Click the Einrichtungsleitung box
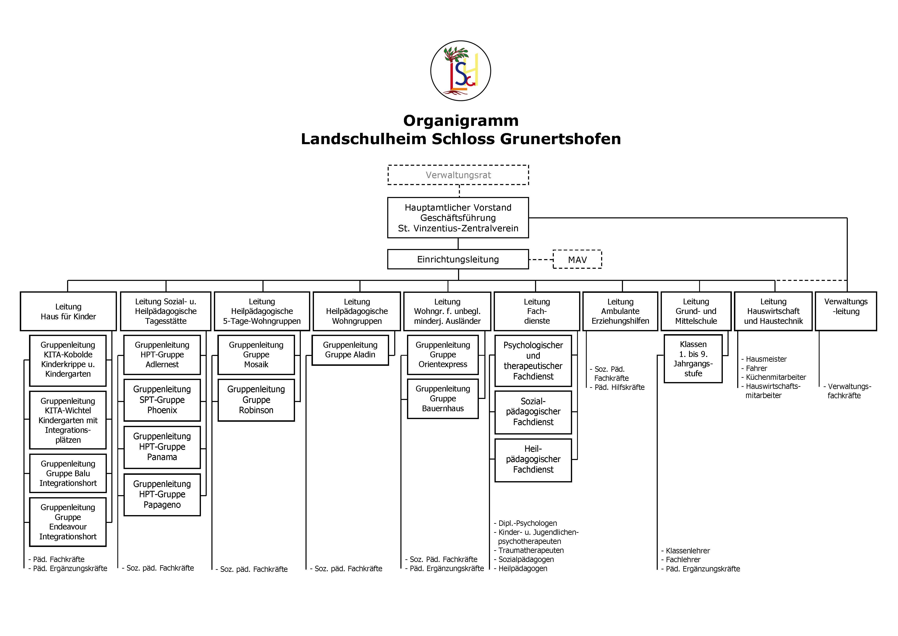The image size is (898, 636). click(458, 259)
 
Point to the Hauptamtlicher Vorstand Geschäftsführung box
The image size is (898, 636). click(458, 218)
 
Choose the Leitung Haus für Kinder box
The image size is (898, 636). click(68, 311)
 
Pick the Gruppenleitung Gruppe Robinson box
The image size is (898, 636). click(256, 400)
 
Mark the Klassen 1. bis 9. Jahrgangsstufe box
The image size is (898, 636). click(693, 359)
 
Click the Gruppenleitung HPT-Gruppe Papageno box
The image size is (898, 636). click(162, 495)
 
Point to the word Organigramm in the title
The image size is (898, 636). click(461, 121)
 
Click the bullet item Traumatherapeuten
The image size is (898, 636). click(531, 550)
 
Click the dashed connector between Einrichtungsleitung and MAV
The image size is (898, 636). click(541, 260)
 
